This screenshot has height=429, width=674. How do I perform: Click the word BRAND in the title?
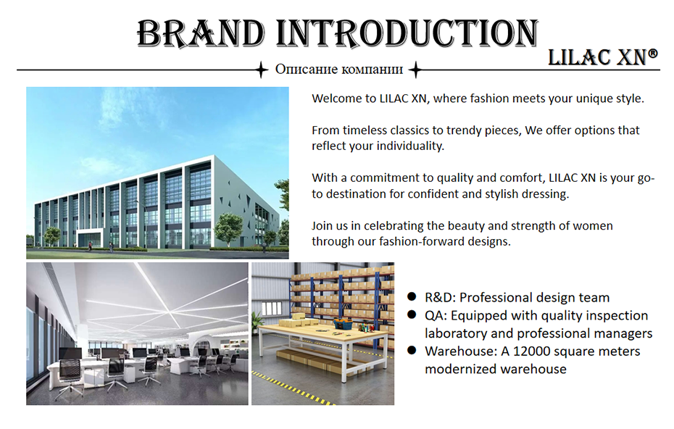pyautogui.click(x=201, y=33)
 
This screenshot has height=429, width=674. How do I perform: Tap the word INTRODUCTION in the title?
pyautogui.click(x=407, y=33)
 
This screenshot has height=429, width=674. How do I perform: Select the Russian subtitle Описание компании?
pyautogui.click(x=338, y=70)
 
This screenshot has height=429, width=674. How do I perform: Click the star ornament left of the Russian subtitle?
pyautogui.click(x=261, y=70)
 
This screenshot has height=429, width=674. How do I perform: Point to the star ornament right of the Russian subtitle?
pyautogui.click(x=415, y=70)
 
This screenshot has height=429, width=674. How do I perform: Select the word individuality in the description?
pyautogui.click(x=410, y=146)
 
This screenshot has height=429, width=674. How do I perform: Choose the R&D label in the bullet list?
pyautogui.click(x=440, y=297)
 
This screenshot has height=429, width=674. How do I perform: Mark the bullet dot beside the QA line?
pyautogui.click(x=412, y=315)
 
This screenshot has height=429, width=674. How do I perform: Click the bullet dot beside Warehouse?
pyautogui.click(x=412, y=350)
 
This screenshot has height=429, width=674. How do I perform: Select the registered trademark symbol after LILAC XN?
pyautogui.click(x=652, y=54)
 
